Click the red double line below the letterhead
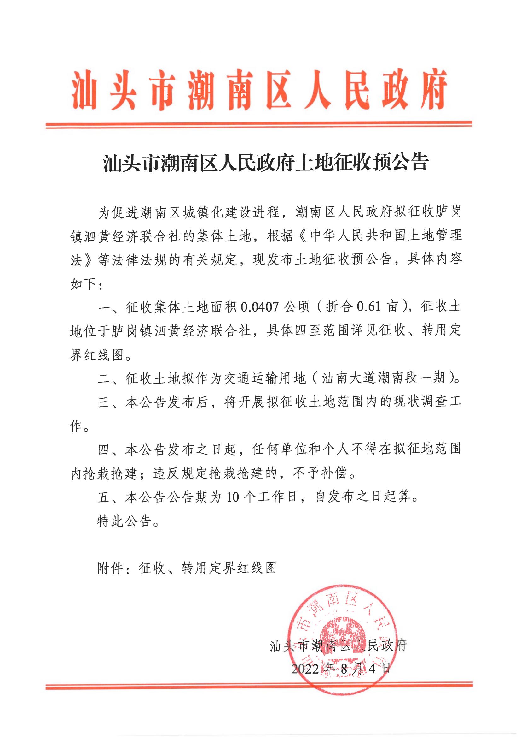pyautogui.click(x=259, y=125)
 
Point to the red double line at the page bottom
pyautogui.click(x=259, y=687)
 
